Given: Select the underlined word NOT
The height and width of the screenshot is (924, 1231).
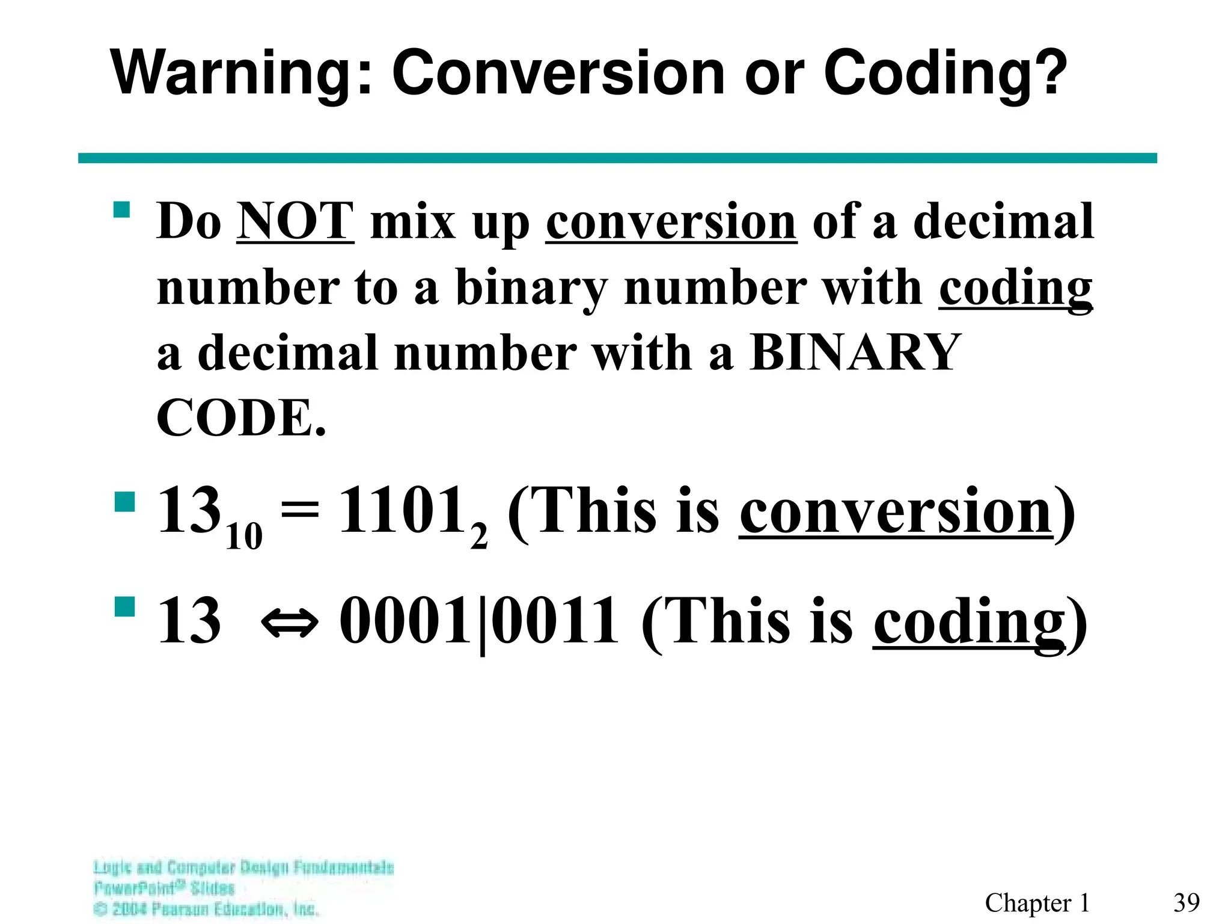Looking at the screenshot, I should click(x=295, y=221).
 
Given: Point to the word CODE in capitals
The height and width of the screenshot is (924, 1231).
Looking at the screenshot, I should click(x=236, y=418).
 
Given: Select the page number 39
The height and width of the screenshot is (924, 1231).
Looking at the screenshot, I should click(x=1186, y=902).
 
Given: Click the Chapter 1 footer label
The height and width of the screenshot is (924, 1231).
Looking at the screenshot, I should click(x=1037, y=902).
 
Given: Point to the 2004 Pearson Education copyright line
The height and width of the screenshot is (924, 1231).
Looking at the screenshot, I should click(x=206, y=908).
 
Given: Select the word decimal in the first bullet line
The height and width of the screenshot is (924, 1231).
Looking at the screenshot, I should click(x=1003, y=221).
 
